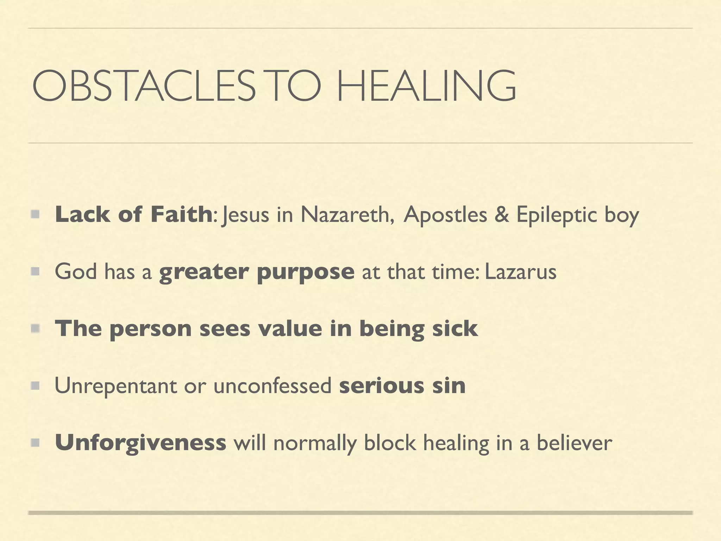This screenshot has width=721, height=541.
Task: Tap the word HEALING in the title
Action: pos(426,86)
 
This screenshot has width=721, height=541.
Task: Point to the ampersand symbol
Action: pos(502,214)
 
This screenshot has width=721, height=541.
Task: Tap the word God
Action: pos(76,272)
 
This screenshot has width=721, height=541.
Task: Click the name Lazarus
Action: pos(520,272)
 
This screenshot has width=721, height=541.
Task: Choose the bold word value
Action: pos(290,328)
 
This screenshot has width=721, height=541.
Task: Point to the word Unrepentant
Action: pos(115,386)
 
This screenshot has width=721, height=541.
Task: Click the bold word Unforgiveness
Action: pos(140,443)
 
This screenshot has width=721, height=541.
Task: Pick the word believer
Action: pos(574,442)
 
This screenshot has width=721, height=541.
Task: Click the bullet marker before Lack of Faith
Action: pos(35,214)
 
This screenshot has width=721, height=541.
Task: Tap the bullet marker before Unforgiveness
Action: pos(35,442)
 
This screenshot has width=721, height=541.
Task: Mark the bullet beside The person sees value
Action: pos(35,328)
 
